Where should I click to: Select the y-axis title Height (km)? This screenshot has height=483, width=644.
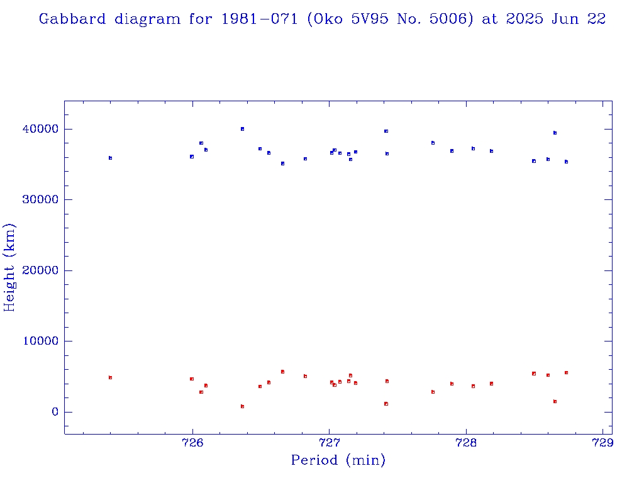click(9, 267)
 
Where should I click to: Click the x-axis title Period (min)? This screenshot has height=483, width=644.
click(338, 460)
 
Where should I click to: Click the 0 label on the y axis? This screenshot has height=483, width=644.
click(54, 412)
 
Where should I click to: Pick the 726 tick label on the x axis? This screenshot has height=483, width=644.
click(192, 441)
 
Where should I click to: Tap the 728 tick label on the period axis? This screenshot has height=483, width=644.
click(466, 441)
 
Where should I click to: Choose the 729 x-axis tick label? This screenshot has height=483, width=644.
click(603, 441)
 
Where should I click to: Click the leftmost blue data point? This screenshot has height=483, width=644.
click(110, 158)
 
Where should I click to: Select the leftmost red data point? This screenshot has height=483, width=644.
click(110, 377)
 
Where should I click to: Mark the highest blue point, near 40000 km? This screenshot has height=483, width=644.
click(242, 129)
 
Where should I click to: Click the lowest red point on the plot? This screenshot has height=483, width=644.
click(242, 406)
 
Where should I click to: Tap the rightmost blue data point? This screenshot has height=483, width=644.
click(566, 162)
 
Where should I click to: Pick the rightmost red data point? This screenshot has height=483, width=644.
click(566, 372)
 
